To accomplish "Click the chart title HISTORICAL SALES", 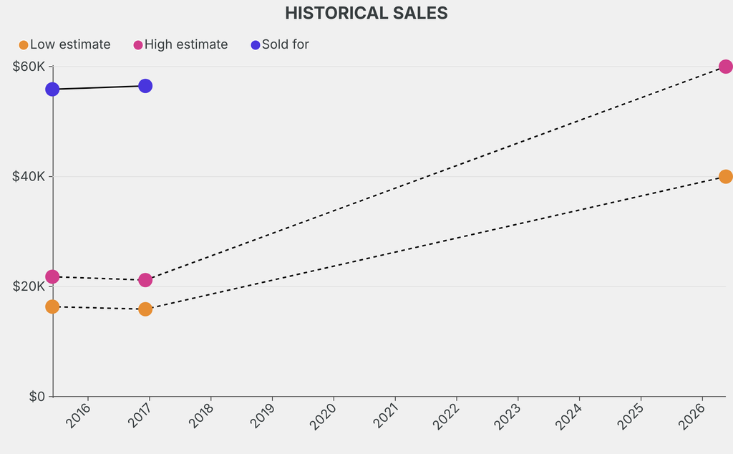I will (x=366, y=13).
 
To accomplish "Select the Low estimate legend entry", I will (x=65, y=44).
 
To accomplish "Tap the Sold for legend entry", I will (x=280, y=44).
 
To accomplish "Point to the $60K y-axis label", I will (x=29, y=67).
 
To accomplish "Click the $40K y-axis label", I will (x=29, y=176).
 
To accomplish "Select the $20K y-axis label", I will (x=29, y=286).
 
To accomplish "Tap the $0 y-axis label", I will (x=37, y=397).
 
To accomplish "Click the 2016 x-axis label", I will (x=78, y=416).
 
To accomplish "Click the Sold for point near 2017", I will (x=145, y=86).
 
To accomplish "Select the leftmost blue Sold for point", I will (x=52, y=90).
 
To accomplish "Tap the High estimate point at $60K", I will (x=725, y=67).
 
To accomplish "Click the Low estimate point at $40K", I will (x=725, y=176).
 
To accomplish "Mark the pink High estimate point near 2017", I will (x=145, y=280).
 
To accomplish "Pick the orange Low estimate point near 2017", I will (x=145, y=309).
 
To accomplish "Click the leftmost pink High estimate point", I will (x=52, y=276).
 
